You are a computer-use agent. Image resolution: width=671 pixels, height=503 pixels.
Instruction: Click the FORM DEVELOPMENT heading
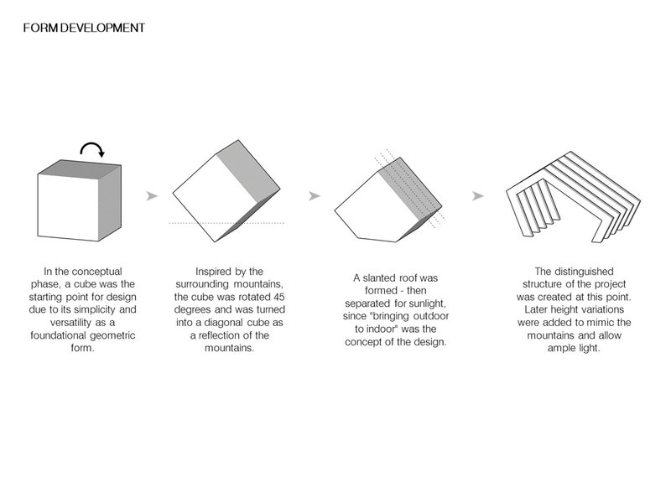pos(84,28)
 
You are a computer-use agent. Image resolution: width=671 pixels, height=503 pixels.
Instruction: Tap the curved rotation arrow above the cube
pos(91,144)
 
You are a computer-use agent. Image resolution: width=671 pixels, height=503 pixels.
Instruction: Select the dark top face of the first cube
pos(79,167)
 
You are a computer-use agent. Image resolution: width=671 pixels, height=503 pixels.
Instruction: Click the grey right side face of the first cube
pos(110,203)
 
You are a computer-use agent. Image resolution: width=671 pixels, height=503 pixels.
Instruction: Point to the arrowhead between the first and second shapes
pos(152,196)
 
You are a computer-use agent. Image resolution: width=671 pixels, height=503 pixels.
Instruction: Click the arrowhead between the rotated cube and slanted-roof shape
pos(315,196)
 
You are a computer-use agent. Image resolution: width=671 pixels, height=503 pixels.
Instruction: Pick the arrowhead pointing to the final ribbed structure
pos(478,196)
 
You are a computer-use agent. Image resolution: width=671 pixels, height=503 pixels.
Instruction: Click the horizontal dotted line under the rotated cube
pos(226,223)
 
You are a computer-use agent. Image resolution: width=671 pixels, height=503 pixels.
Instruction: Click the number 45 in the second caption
pos(278,297)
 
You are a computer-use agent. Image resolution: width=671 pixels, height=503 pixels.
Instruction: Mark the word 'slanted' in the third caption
pos(380,278)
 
